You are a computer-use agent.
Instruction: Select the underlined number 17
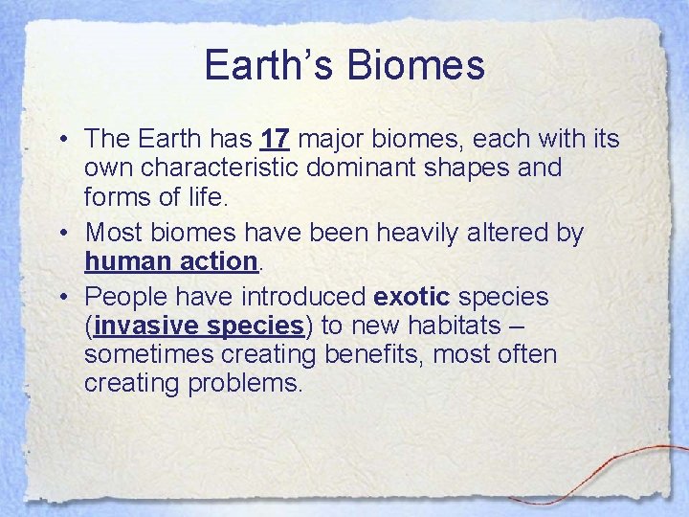coord(275,140)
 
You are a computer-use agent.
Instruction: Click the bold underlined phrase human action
coord(171,260)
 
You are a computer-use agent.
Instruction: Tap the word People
coord(124,298)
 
